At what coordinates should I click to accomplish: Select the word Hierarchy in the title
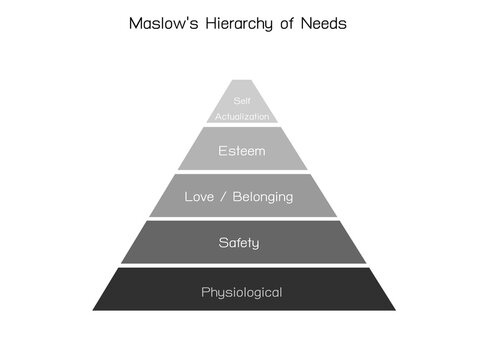click(x=250, y=24)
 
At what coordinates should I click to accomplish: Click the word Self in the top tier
click(x=241, y=101)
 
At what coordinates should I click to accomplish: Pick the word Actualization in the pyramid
click(x=241, y=117)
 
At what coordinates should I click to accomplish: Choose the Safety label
click(x=240, y=242)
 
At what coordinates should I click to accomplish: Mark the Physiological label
click(x=241, y=293)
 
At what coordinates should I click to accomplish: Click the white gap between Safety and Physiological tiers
click(x=241, y=265)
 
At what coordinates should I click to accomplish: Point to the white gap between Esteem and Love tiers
click(x=241, y=172)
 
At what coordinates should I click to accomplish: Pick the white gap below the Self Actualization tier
click(x=241, y=125)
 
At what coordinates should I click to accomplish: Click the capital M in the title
click(x=136, y=24)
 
